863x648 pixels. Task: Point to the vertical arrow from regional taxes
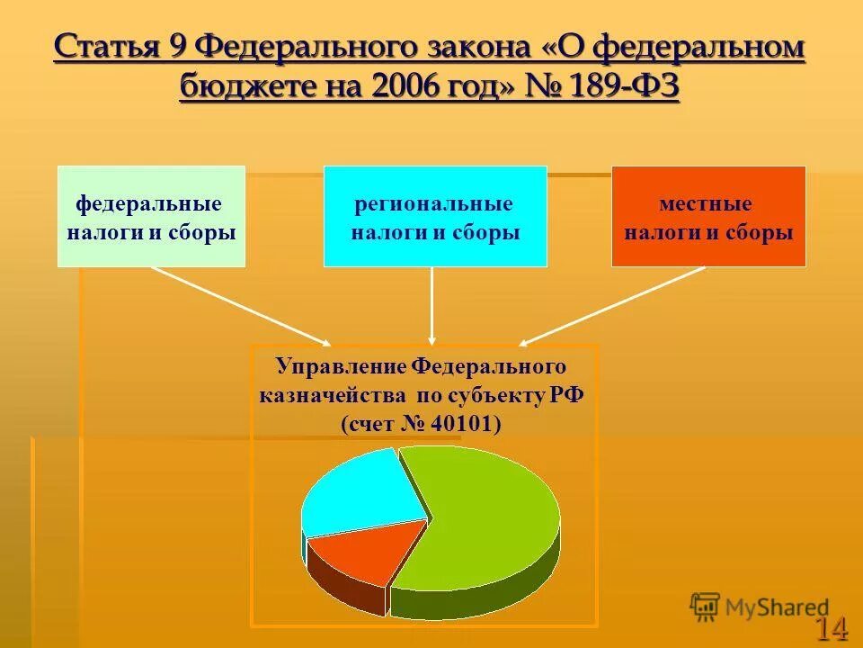[432, 306]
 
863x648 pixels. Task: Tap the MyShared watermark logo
[760, 607]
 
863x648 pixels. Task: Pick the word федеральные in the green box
[148, 204]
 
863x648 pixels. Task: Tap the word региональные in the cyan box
[434, 204]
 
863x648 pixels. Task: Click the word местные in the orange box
[706, 204]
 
